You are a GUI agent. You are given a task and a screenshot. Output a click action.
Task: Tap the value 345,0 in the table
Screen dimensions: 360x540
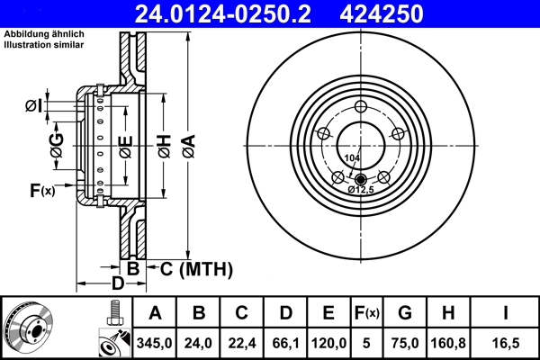click(156, 341)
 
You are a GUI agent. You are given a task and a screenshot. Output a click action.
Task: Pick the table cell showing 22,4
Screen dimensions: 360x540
click(242, 341)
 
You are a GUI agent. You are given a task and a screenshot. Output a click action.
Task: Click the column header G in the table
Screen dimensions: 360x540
click(404, 313)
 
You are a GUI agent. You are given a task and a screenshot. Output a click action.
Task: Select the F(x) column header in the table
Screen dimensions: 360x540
click(366, 313)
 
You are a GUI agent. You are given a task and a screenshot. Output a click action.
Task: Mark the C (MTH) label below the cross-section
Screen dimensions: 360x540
click(196, 269)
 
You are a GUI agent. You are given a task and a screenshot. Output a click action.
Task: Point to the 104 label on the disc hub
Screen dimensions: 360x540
click(351, 157)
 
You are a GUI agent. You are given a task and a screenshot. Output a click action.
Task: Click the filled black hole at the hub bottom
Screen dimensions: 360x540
click(360, 177)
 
